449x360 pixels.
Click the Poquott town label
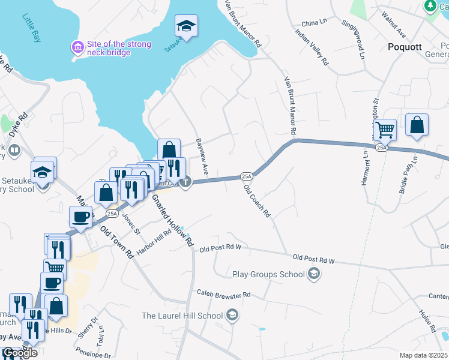point(405,46)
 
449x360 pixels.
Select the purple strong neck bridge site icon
point(77,46)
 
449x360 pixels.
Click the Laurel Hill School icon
point(232,315)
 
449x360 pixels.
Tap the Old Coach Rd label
point(258,201)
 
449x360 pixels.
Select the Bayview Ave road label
point(201,157)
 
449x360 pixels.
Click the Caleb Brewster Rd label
point(223,295)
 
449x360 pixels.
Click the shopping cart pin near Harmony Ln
point(384,128)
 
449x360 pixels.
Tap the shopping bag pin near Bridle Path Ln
point(417,124)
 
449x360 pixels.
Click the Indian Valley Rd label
point(313,47)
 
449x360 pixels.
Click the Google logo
point(20,353)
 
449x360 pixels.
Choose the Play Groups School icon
point(313,274)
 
